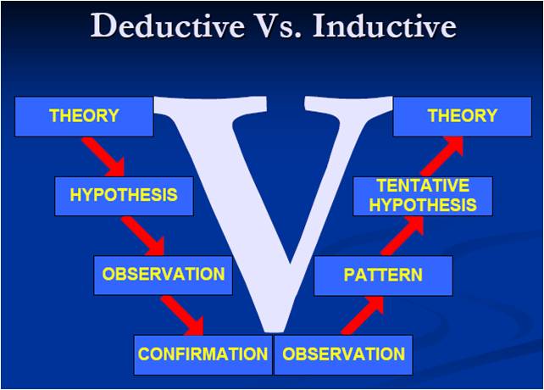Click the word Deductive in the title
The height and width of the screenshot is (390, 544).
pyautogui.click(x=168, y=25)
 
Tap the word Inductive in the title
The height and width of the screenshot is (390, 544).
pyautogui.click(x=385, y=25)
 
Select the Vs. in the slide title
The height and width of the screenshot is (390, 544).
pyautogui.click(x=279, y=25)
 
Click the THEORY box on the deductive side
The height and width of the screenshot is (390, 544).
pyautogui.click(x=84, y=117)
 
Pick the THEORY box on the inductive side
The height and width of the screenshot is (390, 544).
pyautogui.click(x=463, y=117)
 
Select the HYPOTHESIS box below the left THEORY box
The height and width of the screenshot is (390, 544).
pyautogui.click(x=124, y=196)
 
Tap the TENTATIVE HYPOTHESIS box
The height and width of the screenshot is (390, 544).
pyautogui.click(x=423, y=196)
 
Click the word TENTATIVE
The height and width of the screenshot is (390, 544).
pyautogui.click(x=424, y=186)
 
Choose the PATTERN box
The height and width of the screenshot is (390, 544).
pyautogui.click(x=383, y=276)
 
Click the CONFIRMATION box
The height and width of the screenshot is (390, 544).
pyautogui.click(x=203, y=355)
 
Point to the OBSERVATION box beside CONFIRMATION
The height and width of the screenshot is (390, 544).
pyautogui.click(x=343, y=355)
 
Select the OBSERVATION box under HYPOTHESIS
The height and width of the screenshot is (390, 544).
pyautogui.click(x=163, y=275)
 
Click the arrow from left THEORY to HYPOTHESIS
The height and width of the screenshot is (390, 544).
pyautogui.click(x=104, y=157)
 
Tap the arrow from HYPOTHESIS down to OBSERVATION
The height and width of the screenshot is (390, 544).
pyautogui.click(x=144, y=237)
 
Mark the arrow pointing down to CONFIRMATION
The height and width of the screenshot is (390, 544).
pyautogui.click(x=183, y=315)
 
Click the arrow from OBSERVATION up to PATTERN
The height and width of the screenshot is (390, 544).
pyautogui.click(x=363, y=315)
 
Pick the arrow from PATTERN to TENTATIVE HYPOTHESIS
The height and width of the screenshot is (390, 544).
pyautogui.click(x=402, y=237)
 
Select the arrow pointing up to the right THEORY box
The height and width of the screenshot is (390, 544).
pyautogui.click(x=441, y=157)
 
